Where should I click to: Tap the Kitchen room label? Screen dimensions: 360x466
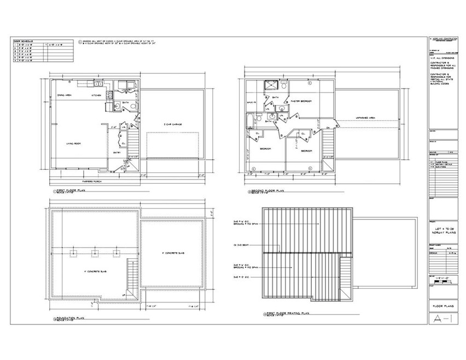tap(97, 95)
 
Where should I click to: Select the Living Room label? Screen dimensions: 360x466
tap(74, 143)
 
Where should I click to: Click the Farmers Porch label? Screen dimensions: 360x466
tap(91, 181)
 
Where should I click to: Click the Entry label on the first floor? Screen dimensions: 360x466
tap(116, 152)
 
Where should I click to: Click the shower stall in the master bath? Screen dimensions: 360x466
tap(270, 85)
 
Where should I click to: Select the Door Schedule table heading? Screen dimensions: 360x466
tap(24, 41)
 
